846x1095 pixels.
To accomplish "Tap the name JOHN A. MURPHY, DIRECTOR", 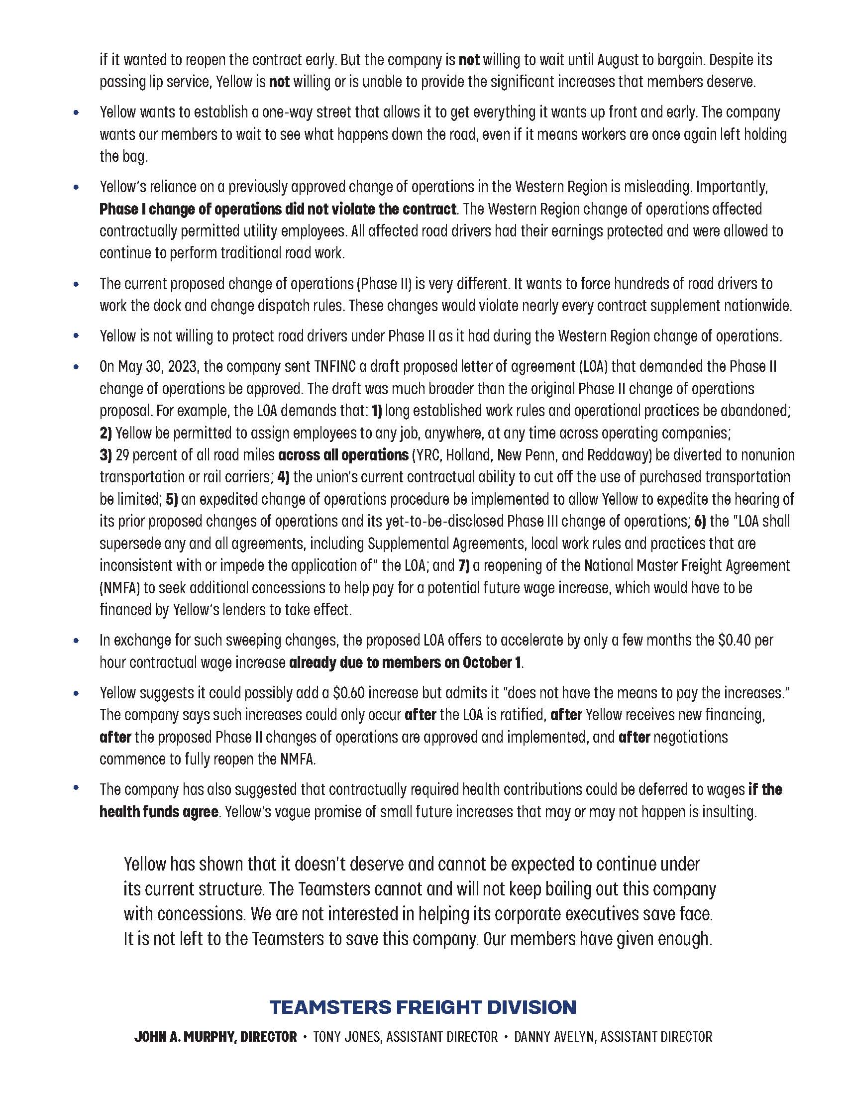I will tap(215, 1037).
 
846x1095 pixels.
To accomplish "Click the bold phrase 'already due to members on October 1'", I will tap(406, 662).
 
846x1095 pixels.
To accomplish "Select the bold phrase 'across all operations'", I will tap(343, 455).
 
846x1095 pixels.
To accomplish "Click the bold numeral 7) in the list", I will tap(464, 565).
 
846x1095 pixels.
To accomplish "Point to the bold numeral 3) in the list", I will tap(105, 455).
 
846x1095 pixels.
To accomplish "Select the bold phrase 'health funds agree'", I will tap(159, 811).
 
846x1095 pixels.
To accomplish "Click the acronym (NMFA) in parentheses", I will tap(119, 588).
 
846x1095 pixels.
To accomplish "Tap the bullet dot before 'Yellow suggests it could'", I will tap(76, 693).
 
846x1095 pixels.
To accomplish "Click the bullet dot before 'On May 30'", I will tap(76, 367).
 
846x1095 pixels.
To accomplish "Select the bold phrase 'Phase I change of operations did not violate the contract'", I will tap(278, 209).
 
